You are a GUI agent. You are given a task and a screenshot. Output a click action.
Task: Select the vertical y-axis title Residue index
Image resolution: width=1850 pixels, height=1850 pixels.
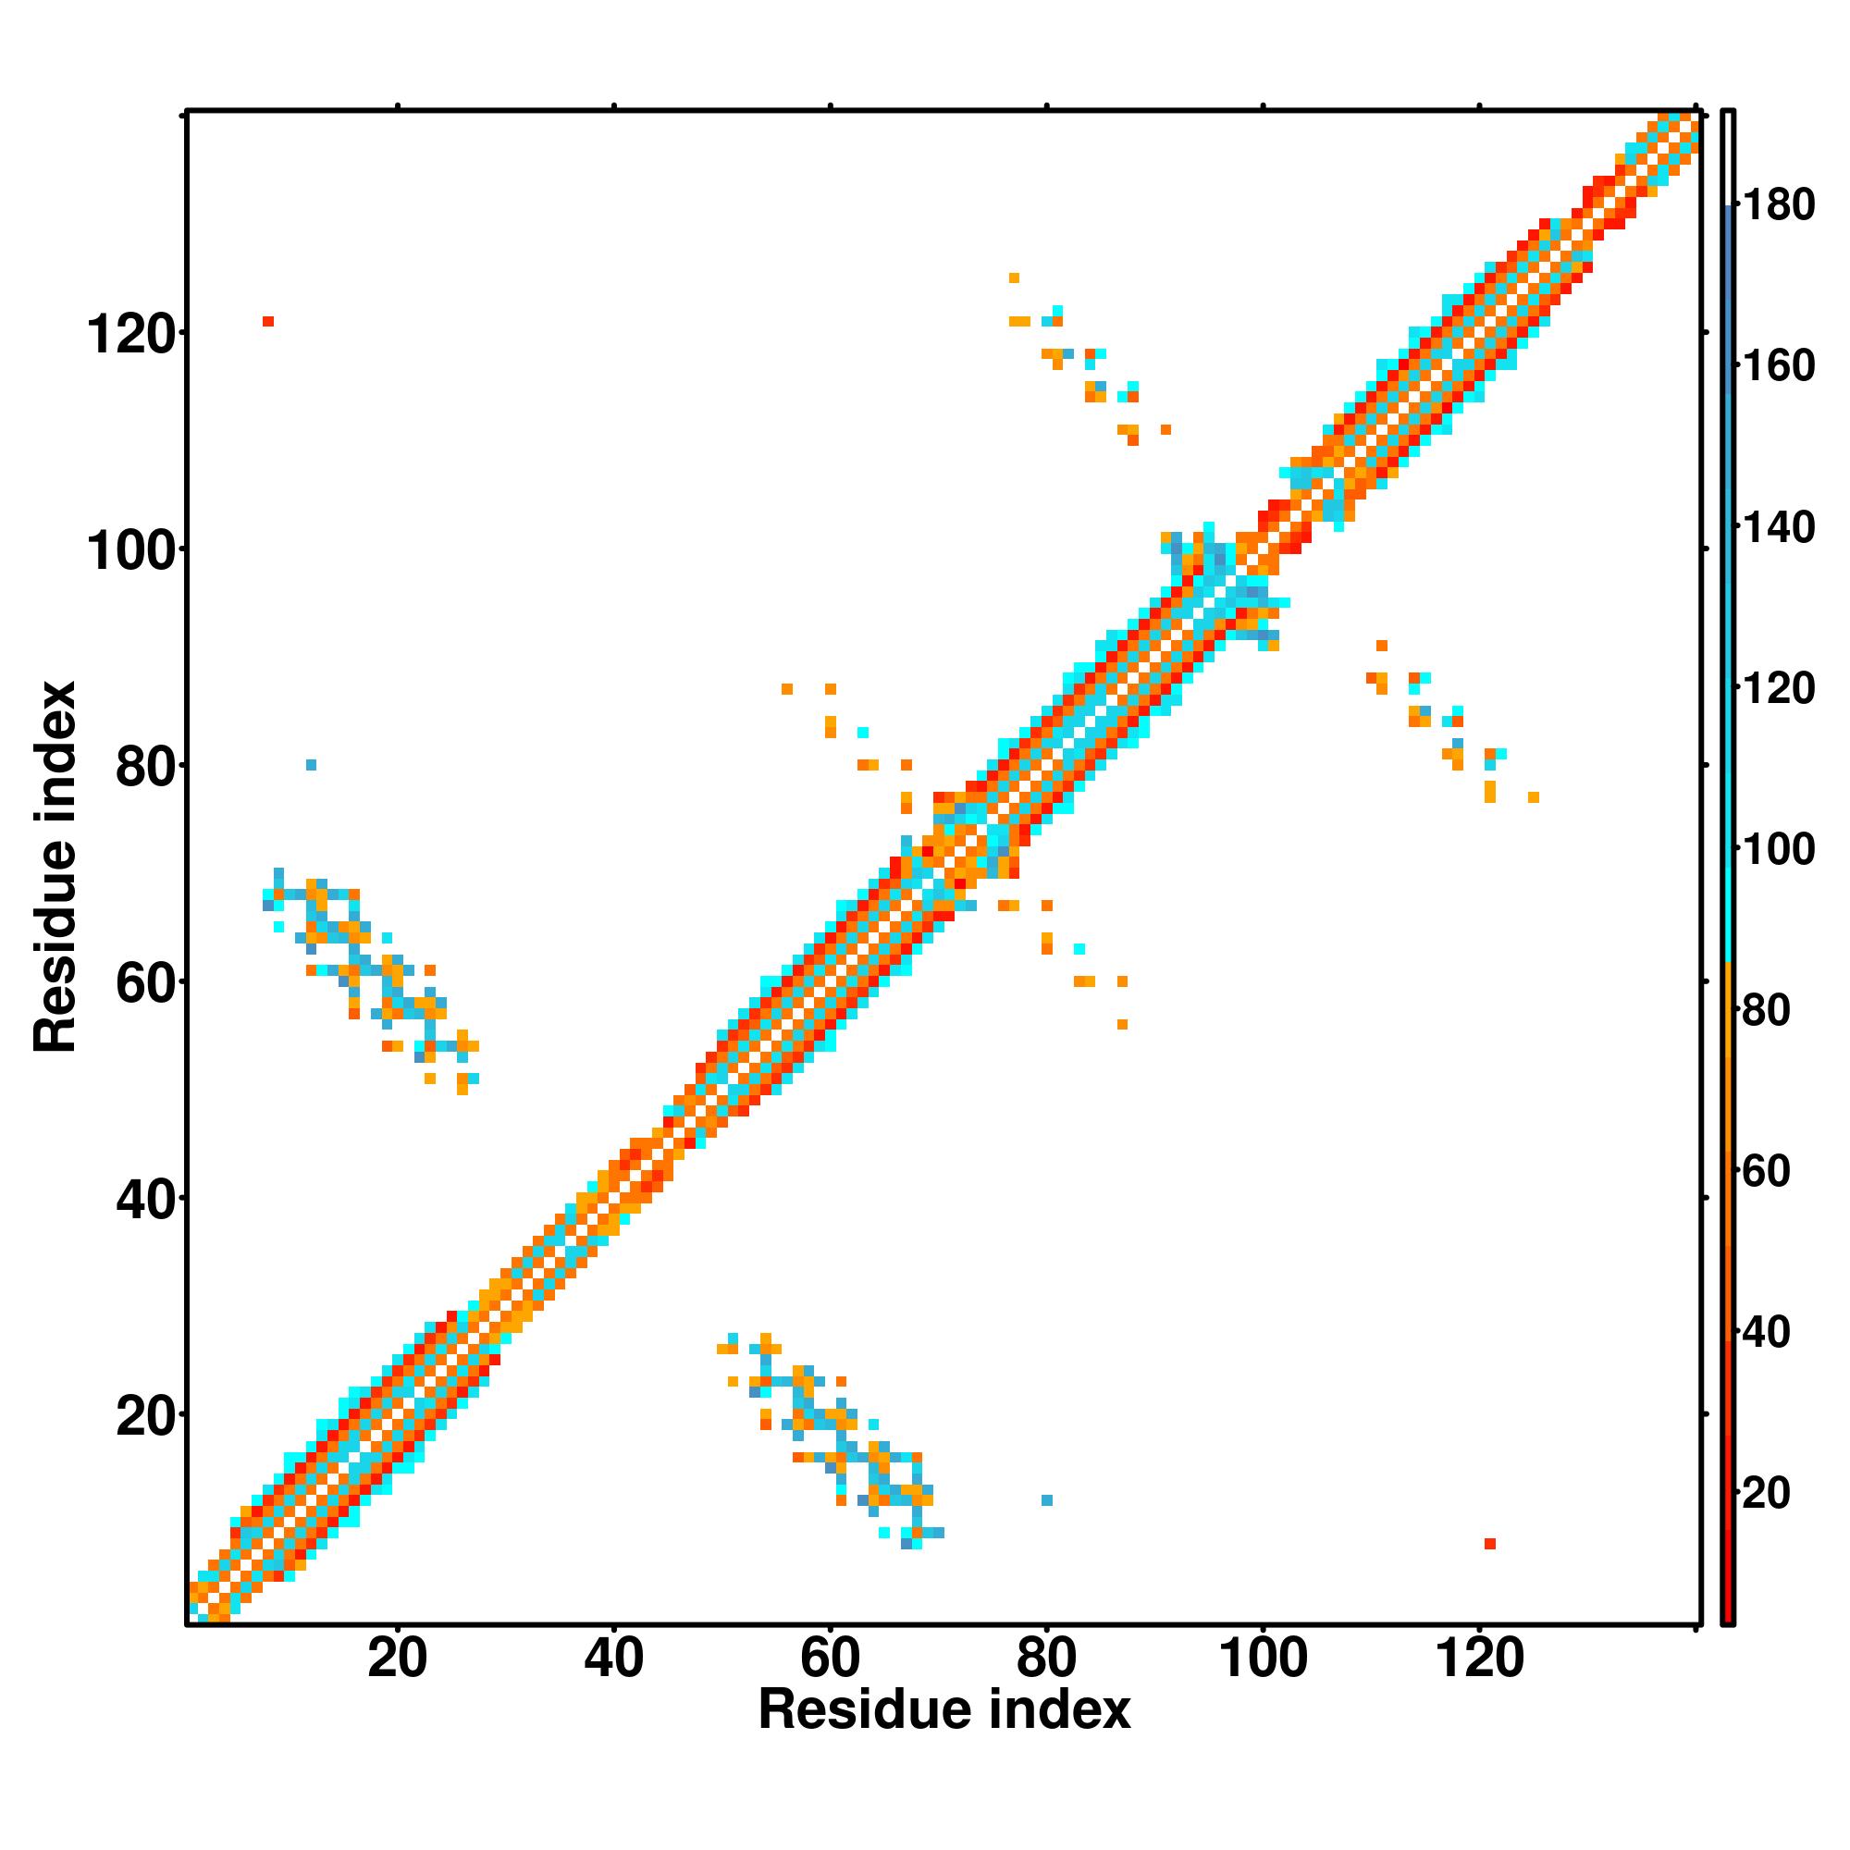[55, 867]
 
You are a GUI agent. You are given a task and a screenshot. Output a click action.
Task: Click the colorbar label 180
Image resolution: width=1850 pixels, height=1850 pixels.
[1778, 205]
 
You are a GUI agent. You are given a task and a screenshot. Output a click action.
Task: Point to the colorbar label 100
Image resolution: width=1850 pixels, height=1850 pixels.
[1778, 849]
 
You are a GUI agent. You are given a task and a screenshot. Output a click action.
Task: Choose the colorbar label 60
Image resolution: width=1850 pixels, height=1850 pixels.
[1767, 1171]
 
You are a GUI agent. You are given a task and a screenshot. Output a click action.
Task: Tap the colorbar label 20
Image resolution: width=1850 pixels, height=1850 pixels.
[1767, 1493]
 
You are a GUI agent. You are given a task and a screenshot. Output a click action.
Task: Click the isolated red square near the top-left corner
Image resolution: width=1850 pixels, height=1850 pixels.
[268, 322]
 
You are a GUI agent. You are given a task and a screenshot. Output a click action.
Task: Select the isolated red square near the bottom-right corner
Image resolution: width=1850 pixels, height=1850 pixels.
[1490, 1544]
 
